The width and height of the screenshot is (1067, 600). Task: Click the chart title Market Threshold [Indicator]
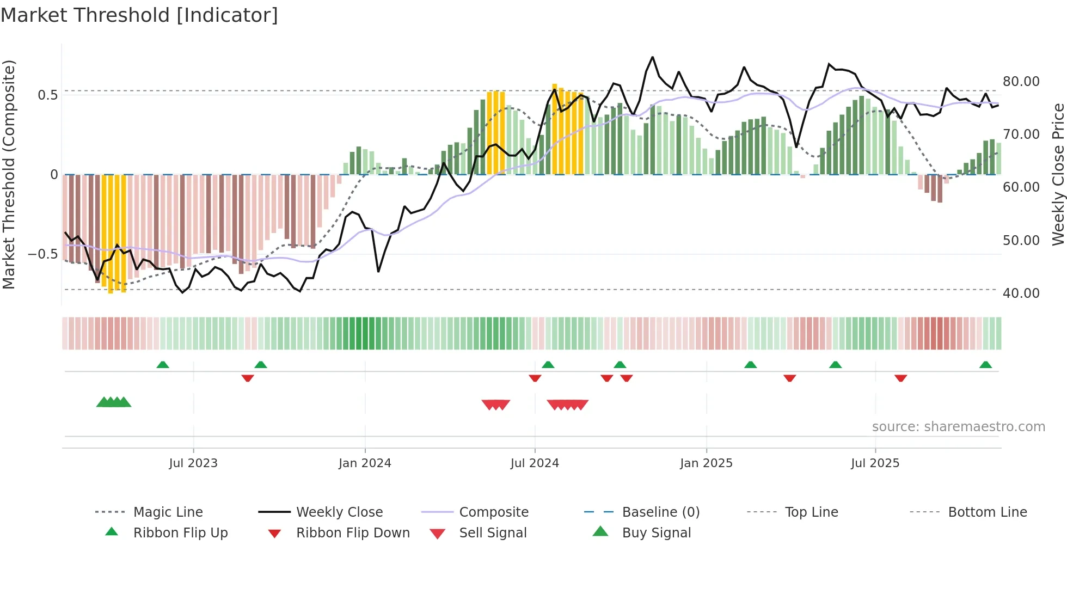pos(139,15)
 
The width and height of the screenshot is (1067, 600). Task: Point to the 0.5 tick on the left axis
pos(47,95)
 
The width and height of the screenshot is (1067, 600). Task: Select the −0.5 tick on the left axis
pos(42,254)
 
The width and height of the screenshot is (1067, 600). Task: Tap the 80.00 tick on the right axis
pos(1021,82)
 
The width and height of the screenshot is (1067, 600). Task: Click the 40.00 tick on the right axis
pos(1021,293)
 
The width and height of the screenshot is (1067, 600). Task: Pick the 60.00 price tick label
pos(1021,187)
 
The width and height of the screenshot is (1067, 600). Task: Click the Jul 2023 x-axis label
pos(193,463)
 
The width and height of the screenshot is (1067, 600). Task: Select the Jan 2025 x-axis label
pos(706,463)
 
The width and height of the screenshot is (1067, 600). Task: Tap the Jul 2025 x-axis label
pos(875,463)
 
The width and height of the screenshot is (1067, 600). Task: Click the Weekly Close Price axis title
pos(1058,174)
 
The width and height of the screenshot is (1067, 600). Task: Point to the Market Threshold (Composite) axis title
pos(9,174)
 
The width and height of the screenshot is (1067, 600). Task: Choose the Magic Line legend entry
pos(168,512)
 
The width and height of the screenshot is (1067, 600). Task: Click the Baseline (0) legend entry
pos(660,512)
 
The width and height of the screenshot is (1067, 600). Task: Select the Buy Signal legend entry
pos(656,533)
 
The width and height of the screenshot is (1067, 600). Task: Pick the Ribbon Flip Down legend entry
pos(352,533)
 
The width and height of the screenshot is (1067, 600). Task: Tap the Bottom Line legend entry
pos(987,512)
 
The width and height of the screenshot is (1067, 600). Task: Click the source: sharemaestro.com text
pos(958,427)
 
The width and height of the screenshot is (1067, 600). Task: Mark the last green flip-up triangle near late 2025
pos(985,365)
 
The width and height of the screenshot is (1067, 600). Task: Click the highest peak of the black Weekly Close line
pos(652,57)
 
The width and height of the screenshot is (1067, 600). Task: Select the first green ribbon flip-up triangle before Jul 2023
pos(163,365)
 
